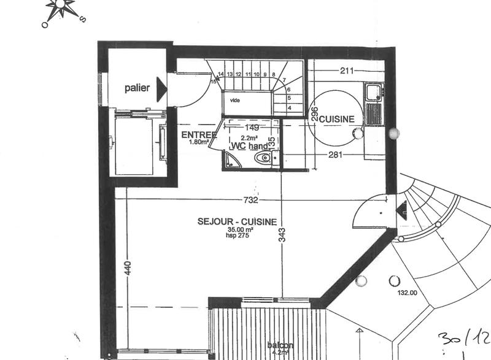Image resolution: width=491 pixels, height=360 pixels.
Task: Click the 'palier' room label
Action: [x=137, y=88]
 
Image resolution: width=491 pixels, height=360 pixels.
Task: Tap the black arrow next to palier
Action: [x=162, y=90]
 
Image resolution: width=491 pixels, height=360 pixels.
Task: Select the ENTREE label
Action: [x=198, y=135]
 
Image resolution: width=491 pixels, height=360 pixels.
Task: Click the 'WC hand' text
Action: [x=249, y=146]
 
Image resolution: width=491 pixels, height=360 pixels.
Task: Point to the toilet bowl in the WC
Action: [x=262, y=159]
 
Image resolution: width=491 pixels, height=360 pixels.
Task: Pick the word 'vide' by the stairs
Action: [x=235, y=99]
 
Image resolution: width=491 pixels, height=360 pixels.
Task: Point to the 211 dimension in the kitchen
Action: [x=347, y=71]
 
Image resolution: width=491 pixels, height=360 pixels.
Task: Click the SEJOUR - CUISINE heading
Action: [x=236, y=222]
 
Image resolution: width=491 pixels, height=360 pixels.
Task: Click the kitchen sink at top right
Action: [x=373, y=92]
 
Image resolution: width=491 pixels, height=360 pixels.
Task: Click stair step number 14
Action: [x=221, y=74]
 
